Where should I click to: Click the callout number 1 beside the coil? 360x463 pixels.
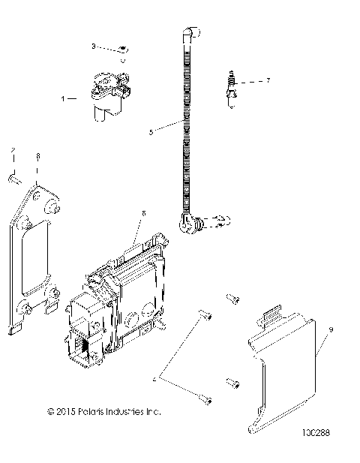[x=64, y=98]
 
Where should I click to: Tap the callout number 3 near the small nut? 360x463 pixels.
[x=94, y=47]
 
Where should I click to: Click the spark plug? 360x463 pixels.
[x=232, y=89]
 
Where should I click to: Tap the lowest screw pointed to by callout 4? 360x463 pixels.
[x=205, y=399]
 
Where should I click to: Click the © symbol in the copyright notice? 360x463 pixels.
[x=50, y=411]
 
